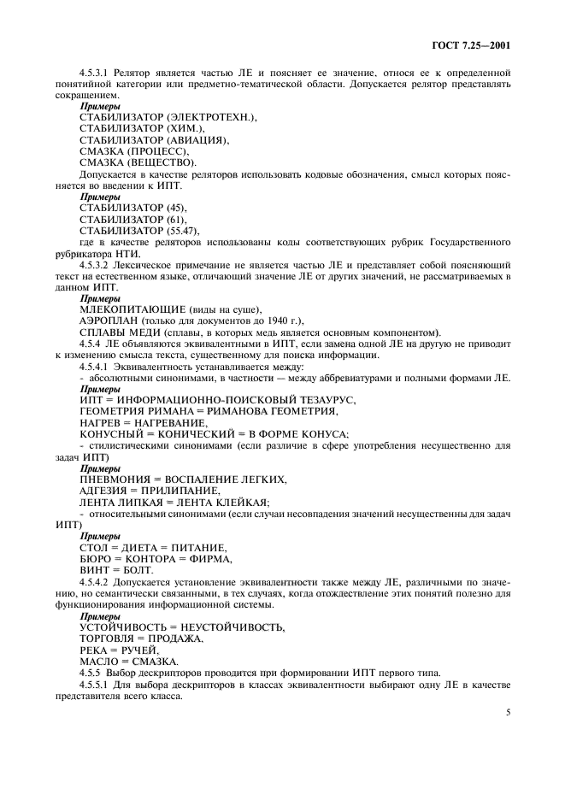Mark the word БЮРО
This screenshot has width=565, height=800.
pyautogui.click(x=95, y=559)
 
